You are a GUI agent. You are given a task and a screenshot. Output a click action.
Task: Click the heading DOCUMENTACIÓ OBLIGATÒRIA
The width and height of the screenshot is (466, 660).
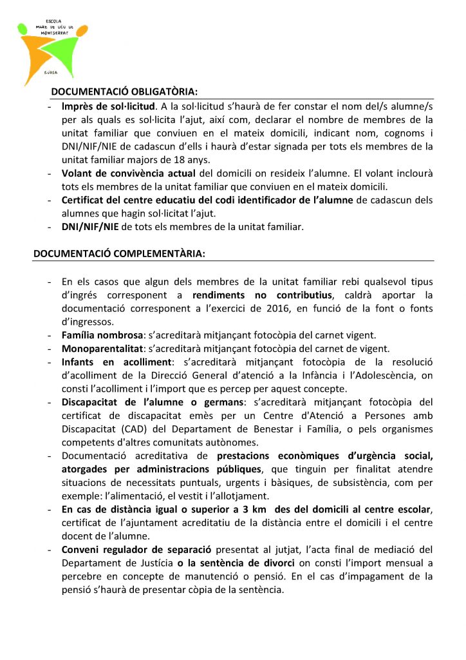[x=124, y=92]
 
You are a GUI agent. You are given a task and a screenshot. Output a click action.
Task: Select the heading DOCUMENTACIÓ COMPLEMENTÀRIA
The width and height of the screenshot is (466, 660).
[x=119, y=254]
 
